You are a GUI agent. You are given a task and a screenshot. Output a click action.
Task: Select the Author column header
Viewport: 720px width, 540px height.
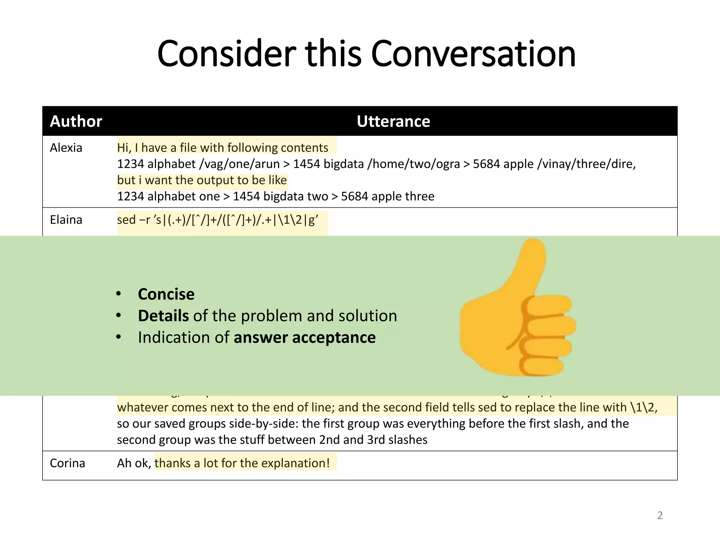(76, 121)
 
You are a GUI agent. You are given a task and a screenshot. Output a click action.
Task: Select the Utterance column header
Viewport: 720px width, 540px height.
(393, 121)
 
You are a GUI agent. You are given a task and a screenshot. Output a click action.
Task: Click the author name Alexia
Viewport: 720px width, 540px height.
(66, 148)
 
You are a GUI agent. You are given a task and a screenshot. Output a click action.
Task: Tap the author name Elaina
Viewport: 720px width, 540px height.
(66, 220)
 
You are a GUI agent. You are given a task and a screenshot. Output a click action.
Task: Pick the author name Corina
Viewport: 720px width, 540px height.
(67, 463)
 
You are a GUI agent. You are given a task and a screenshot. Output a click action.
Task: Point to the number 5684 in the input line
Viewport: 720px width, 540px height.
(486, 164)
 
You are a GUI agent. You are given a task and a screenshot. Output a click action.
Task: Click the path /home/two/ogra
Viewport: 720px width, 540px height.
(413, 164)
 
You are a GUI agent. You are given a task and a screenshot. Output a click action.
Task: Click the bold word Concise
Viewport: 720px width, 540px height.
(166, 294)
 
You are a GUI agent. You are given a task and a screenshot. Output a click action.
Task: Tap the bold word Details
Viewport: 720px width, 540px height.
(163, 316)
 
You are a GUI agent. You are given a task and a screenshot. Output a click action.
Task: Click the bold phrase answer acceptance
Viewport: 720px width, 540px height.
(304, 337)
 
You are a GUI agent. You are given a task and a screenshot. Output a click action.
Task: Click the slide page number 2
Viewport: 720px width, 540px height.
(660, 515)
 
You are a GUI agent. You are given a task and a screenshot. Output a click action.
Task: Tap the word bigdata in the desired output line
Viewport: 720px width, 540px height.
(283, 196)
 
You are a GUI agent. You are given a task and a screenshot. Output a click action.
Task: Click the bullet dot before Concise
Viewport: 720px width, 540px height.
(118, 294)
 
